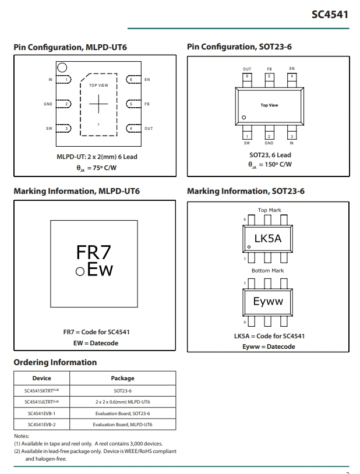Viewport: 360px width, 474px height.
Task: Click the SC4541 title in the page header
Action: tap(330, 15)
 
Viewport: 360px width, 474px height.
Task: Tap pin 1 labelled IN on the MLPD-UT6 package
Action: tap(63, 80)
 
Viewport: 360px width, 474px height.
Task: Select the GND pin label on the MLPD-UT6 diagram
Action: tap(48, 104)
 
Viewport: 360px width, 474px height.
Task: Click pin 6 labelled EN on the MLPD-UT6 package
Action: tap(133, 80)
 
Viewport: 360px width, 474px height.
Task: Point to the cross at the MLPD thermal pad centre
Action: tap(98, 104)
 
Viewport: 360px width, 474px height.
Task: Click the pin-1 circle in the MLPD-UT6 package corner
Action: tap(62, 68)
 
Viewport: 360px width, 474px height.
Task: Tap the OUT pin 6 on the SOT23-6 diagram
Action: tap(247, 80)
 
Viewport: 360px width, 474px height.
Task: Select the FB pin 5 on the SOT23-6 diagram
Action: tap(269, 80)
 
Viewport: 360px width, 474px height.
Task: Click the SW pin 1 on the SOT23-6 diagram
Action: tap(247, 132)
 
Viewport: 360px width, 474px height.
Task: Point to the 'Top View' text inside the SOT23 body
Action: tap(269, 105)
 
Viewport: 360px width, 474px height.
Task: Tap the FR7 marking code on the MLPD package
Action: tap(93, 252)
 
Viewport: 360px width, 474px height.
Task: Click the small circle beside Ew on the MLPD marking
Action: tap(80, 271)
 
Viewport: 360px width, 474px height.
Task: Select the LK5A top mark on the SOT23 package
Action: tap(268, 239)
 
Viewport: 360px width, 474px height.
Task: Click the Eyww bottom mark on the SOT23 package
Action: tap(268, 302)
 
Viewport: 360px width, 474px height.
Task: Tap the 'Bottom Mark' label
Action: tap(268, 271)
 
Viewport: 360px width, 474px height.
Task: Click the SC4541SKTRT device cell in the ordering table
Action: tap(42, 391)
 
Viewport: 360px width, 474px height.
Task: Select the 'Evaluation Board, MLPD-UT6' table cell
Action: tap(122, 425)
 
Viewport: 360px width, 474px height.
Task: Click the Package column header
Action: tap(122, 378)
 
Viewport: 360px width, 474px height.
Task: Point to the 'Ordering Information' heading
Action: tap(55, 362)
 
